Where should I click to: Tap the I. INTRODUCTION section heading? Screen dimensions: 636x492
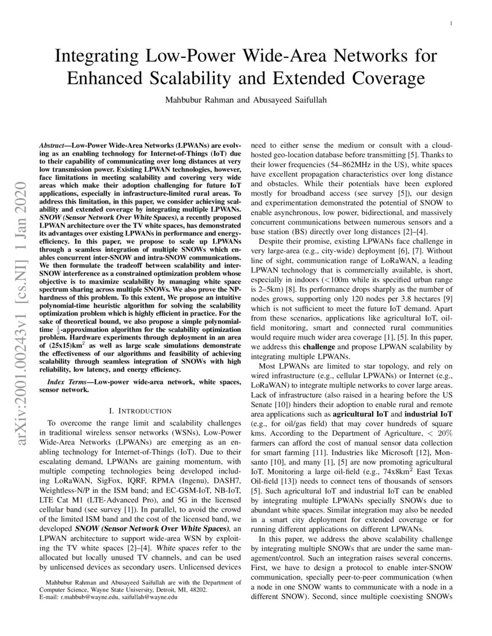(140, 411)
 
